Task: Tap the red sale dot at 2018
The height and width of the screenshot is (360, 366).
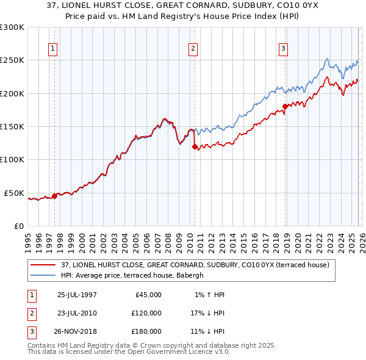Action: (285, 107)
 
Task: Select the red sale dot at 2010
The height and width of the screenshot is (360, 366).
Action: (195, 146)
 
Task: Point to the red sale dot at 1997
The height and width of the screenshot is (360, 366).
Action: (55, 196)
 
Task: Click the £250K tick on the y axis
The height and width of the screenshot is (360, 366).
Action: (12, 60)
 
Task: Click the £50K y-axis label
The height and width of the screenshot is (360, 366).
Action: (14, 193)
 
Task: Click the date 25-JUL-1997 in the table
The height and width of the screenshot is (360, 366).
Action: (77, 295)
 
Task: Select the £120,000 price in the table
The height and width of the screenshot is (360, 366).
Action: (146, 313)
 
